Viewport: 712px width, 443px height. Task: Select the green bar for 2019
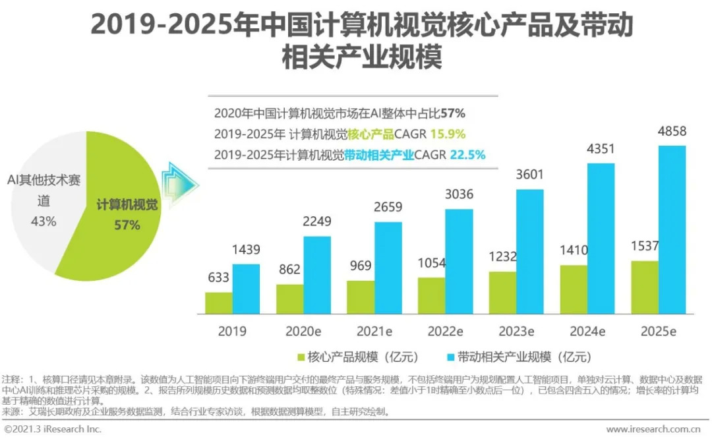[x=218, y=303]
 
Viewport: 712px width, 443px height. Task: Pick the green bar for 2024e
[x=574, y=289]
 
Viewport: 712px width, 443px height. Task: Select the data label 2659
[x=388, y=208]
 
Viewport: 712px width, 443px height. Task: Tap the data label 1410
[x=574, y=251]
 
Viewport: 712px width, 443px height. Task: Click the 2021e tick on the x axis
[x=374, y=331]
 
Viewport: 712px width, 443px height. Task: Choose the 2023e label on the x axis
[x=517, y=331]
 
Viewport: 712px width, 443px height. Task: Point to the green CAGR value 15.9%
[x=448, y=134]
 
